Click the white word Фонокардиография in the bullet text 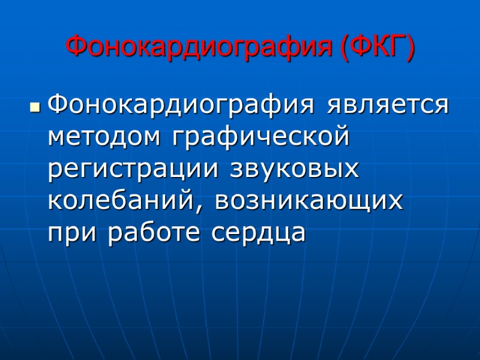(180, 106)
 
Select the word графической (259, 139)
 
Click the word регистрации (135, 170)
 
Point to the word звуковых (294, 169)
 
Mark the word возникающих (308, 202)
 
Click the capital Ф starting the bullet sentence (58, 106)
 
